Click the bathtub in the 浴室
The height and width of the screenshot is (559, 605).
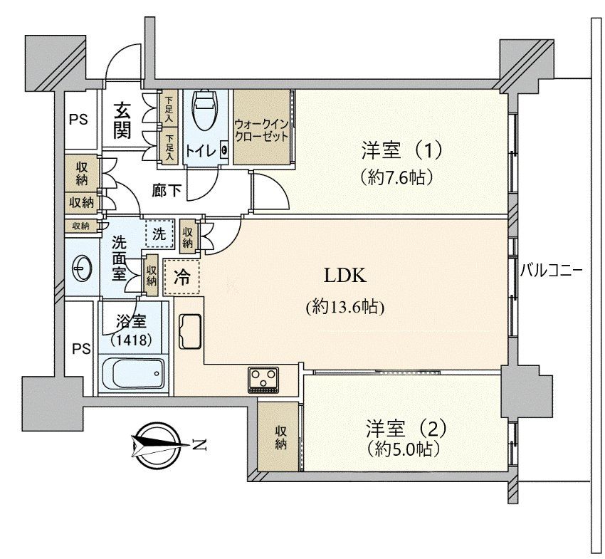132,373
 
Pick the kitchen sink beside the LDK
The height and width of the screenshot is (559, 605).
189,332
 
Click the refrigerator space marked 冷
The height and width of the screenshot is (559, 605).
182,278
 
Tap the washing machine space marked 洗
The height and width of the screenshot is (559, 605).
159,233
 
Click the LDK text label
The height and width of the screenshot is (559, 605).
346,276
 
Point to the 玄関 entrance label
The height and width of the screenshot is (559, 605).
122,120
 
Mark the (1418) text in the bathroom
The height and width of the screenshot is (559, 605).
132,340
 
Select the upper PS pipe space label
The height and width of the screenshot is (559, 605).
79,119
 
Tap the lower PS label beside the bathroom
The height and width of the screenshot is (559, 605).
81,348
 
